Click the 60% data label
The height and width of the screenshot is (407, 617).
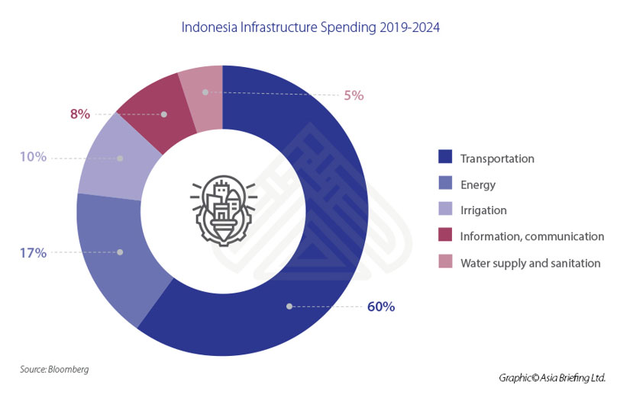pyautogui.click(x=380, y=307)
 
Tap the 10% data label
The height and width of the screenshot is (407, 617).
pyautogui.click(x=34, y=157)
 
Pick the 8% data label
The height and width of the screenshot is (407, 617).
pyautogui.click(x=80, y=114)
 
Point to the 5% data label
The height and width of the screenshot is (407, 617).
pyautogui.click(x=354, y=95)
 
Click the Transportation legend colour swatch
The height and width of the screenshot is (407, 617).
pyautogui.click(x=445, y=158)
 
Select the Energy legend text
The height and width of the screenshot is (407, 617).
pyautogui.click(x=479, y=184)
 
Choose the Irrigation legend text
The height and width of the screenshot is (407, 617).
pyautogui.click(x=484, y=210)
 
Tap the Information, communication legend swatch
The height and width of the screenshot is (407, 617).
pyautogui.click(x=445, y=236)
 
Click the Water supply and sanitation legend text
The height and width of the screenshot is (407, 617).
pyautogui.click(x=531, y=263)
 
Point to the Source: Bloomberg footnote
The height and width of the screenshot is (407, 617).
pyautogui.click(x=54, y=369)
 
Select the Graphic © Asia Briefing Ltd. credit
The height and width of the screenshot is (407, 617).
pyautogui.click(x=552, y=377)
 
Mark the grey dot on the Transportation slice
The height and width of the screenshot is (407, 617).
pyautogui.click(x=289, y=306)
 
